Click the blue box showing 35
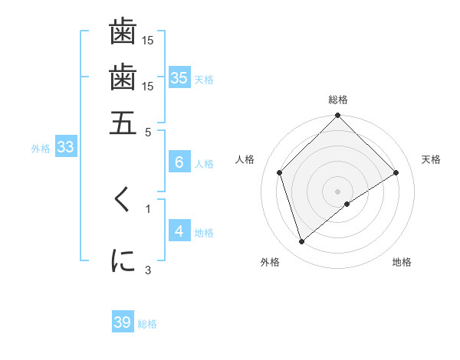179,77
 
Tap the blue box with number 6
179,162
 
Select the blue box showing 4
179,231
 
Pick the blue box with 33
65,148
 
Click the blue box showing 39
123,322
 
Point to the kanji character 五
123,123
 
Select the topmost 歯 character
123,32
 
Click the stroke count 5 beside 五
148,132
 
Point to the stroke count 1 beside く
148,208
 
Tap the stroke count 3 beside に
148,269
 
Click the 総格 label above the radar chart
338,100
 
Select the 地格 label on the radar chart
402,263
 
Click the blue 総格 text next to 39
147,324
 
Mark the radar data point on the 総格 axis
337,116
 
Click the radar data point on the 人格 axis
280,172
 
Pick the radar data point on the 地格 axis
347,204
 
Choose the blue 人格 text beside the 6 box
204,164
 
